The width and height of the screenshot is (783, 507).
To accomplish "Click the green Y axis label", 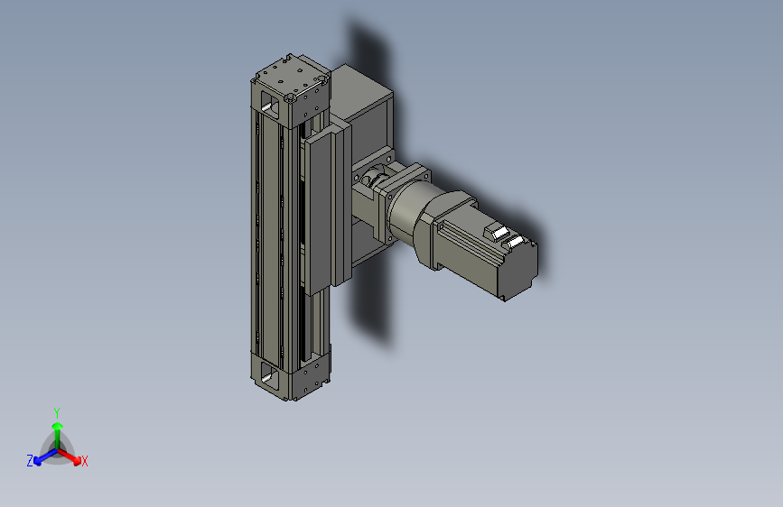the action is click(57, 412).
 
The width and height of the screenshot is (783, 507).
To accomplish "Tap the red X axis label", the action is click(84, 462).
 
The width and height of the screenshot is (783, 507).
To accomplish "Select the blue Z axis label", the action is click(30, 461).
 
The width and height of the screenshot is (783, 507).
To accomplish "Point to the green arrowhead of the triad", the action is click(58, 427).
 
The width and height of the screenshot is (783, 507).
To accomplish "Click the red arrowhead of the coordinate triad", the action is click(77, 460).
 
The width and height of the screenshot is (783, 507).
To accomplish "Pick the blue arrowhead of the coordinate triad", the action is click(38, 461).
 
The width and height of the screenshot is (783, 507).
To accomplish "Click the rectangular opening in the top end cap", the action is click(270, 106).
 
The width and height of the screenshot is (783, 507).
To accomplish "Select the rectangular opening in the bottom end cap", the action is click(270, 373).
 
